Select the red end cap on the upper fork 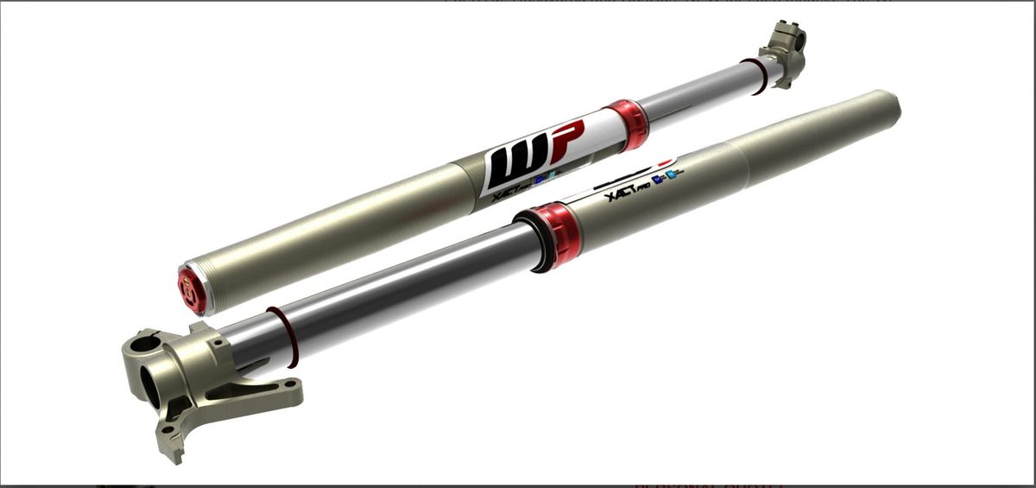pos(191,289)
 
